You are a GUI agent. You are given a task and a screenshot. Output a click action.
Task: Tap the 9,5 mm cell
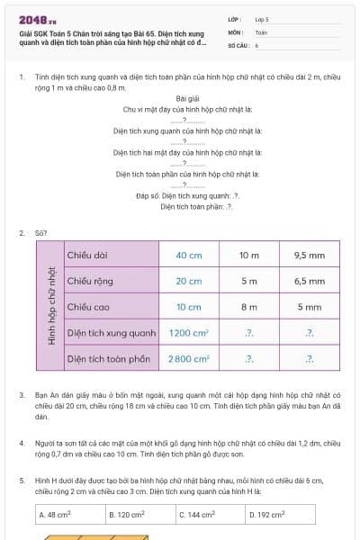(x=309, y=256)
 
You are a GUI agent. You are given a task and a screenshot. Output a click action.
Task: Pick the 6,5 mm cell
(x=309, y=282)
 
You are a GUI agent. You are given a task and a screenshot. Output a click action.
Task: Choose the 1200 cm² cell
(x=188, y=333)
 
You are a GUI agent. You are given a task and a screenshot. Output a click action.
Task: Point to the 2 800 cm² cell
(x=188, y=359)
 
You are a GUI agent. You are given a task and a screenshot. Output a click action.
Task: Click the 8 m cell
(x=248, y=307)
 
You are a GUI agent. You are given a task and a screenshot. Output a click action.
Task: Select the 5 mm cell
(x=309, y=307)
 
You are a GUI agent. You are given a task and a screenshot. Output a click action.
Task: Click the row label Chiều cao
(x=88, y=307)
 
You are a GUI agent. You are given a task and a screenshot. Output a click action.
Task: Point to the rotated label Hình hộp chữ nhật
(x=50, y=307)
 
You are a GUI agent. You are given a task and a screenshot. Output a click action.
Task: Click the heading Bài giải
(x=187, y=98)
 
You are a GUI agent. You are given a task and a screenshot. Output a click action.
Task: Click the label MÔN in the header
(x=236, y=31)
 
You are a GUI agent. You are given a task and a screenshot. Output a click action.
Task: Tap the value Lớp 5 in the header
(x=262, y=19)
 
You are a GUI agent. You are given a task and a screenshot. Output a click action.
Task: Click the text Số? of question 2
(x=40, y=232)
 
